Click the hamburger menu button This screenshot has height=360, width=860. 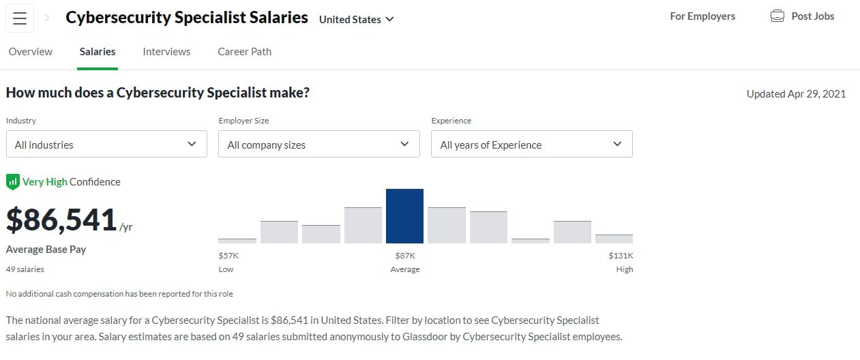(20, 18)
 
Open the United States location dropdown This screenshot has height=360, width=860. (356, 19)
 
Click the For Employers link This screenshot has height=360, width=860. (702, 16)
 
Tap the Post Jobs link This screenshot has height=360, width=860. (812, 16)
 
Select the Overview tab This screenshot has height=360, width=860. (31, 52)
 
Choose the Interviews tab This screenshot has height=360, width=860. (166, 52)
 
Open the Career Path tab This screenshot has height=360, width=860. (244, 52)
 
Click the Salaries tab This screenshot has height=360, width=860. (98, 52)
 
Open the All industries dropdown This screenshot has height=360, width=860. (106, 145)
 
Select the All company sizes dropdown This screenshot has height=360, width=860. (318, 145)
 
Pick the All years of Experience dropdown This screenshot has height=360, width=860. (531, 145)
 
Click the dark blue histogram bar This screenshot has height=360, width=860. (404, 216)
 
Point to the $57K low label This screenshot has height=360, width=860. (228, 256)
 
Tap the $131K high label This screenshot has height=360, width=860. (621, 256)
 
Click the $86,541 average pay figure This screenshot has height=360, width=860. (61, 220)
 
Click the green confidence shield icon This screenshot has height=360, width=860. (12, 182)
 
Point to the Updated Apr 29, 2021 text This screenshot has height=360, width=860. (796, 94)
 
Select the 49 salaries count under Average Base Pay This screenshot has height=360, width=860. (25, 269)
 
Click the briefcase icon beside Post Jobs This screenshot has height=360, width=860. (777, 16)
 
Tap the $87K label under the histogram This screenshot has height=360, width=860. (404, 256)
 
